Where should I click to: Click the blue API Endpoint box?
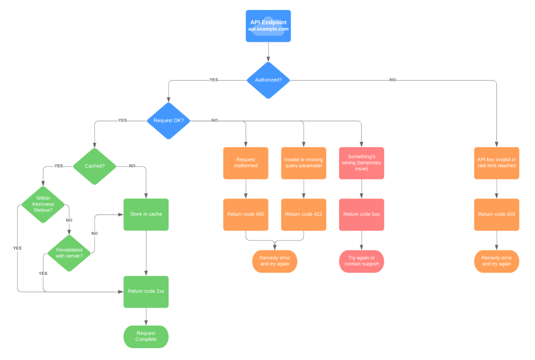click(268, 26)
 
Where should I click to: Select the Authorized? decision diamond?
click(268, 80)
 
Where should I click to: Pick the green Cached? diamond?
click(94, 166)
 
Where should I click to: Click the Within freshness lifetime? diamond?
click(43, 204)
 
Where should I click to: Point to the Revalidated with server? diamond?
click(69, 253)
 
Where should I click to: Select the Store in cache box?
click(146, 214)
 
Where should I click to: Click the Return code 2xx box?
click(146, 291)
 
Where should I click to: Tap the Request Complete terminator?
click(146, 336)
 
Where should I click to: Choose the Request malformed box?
click(246, 163)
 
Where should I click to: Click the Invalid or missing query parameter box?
click(304, 163)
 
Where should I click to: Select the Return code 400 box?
click(246, 214)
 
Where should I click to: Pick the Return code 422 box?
click(304, 214)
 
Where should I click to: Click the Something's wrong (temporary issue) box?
click(361, 163)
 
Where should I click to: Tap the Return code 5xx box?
click(361, 214)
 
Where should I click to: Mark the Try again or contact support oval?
click(361, 261)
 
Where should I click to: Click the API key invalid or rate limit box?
click(496, 163)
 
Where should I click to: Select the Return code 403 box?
click(496, 214)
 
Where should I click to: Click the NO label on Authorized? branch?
click(392, 80)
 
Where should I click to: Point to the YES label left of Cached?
click(58, 166)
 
